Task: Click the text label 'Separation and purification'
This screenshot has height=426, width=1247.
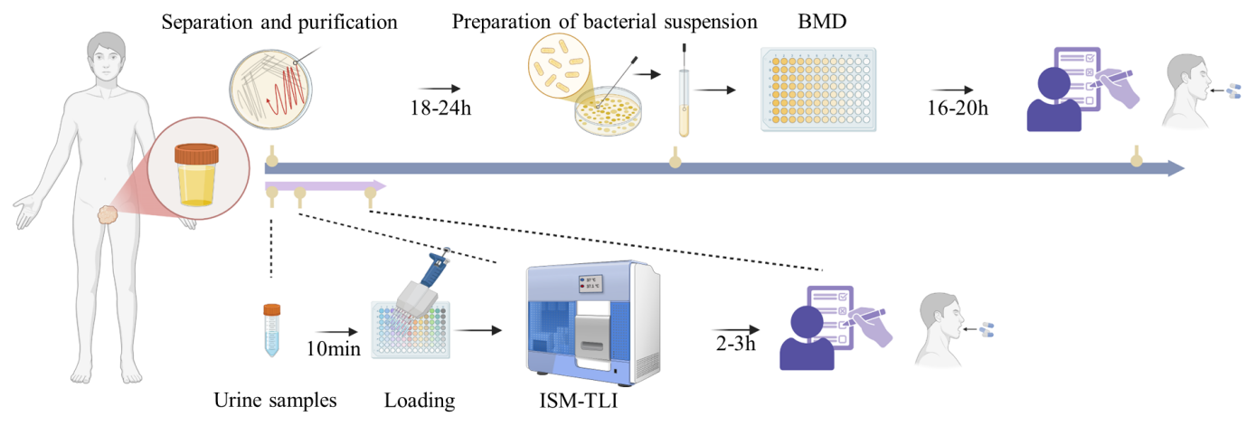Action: [x=279, y=23]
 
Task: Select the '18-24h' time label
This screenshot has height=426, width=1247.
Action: [x=441, y=110]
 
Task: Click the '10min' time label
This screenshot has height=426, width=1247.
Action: [x=334, y=348]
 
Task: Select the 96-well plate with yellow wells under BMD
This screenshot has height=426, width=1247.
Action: [x=818, y=90]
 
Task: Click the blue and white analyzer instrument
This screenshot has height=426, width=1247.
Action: [x=592, y=321]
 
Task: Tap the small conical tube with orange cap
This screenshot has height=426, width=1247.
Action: [x=271, y=330]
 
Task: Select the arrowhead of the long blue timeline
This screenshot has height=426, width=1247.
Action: [x=1175, y=168]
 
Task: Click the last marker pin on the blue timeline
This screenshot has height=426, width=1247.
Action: [x=1137, y=160]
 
